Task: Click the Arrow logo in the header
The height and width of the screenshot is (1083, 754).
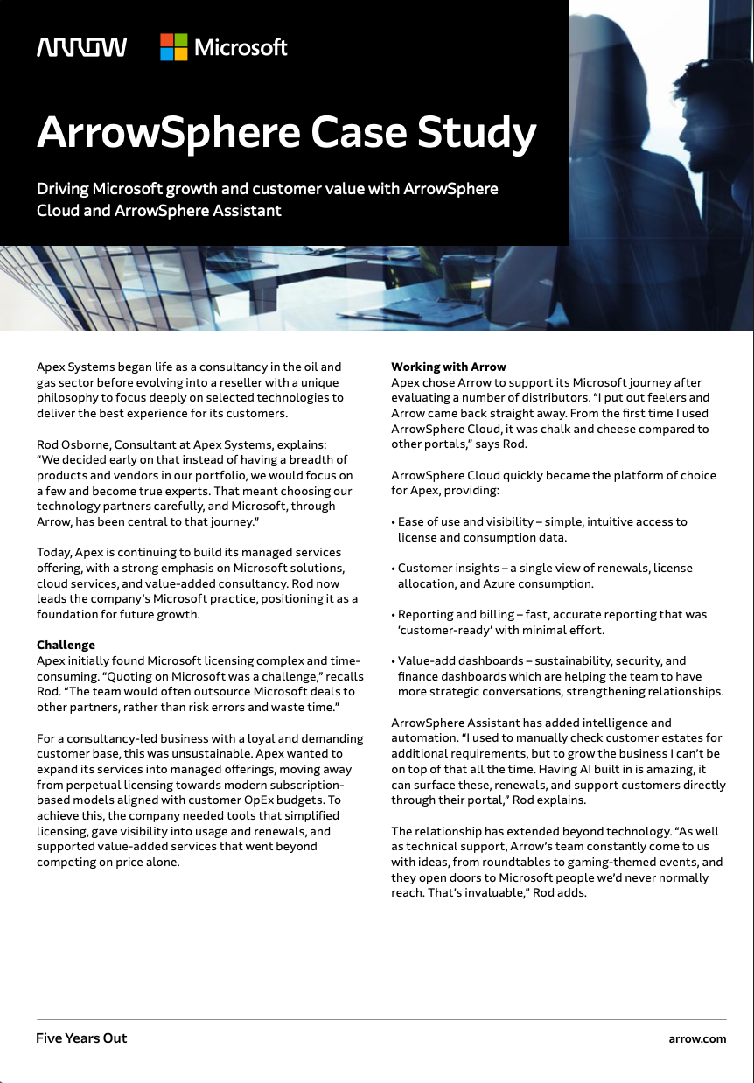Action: point(81,47)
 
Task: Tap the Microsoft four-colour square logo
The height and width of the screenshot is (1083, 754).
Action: point(173,47)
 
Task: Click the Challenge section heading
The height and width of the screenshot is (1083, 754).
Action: point(66,646)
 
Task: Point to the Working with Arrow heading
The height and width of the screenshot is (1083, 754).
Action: point(449,367)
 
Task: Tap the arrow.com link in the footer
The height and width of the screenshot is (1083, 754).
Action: point(697,1038)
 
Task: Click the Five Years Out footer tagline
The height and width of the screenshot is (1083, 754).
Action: point(81,1038)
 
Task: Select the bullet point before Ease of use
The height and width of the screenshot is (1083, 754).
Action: point(393,522)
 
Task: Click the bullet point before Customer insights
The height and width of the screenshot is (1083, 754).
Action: point(393,569)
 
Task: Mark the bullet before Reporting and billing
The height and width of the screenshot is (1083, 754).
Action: point(393,615)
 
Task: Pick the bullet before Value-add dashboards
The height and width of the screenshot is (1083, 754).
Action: point(393,661)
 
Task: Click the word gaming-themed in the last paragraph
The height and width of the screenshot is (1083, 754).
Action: point(605,862)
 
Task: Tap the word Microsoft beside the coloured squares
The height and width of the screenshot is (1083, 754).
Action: point(241,47)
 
